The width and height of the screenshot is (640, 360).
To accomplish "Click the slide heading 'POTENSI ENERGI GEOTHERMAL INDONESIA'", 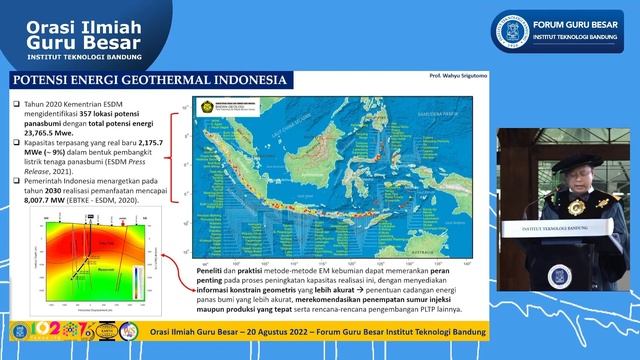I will (148, 80).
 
